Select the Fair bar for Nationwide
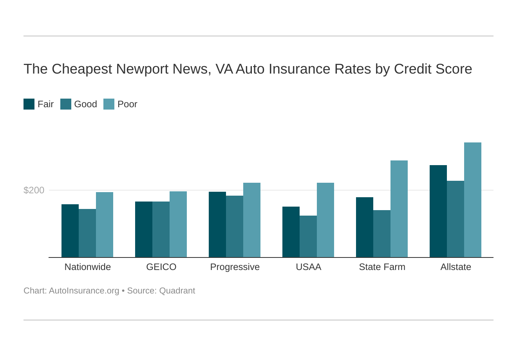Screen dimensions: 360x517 click(x=70, y=230)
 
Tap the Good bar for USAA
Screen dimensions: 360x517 click(x=308, y=236)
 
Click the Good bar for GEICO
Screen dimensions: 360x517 click(x=161, y=229)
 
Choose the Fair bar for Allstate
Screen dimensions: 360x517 click(x=438, y=211)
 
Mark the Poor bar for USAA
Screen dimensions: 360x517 click(x=325, y=220)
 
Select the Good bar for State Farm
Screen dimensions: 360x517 click(x=382, y=234)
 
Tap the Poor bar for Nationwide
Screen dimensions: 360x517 click(x=105, y=225)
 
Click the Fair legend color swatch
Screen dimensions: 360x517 click(x=29, y=104)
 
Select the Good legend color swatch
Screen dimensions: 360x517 click(x=66, y=104)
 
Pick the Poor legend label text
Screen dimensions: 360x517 click(x=127, y=104)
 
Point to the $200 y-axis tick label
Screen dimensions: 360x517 click(x=34, y=190)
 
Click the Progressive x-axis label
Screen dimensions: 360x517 click(x=235, y=267)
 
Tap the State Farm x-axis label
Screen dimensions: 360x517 click(x=382, y=267)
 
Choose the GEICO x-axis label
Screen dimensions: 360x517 click(x=161, y=267)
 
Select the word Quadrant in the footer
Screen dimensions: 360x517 click(x=177, y=291)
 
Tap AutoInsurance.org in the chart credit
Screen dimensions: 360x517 click(x=84, y=291)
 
